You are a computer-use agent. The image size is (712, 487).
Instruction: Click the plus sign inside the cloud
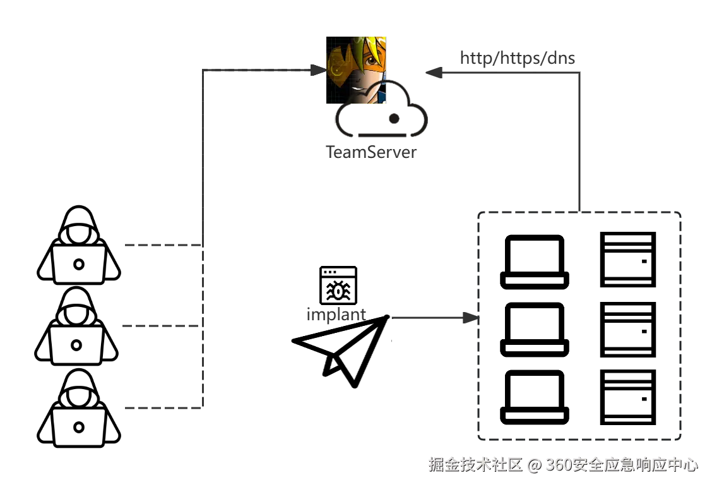395,119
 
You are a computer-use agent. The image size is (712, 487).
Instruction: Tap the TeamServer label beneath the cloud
371,152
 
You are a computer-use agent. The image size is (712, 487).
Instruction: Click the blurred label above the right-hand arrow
517,59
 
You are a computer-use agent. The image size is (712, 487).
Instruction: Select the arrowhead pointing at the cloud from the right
435,75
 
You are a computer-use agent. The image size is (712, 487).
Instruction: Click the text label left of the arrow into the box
335,314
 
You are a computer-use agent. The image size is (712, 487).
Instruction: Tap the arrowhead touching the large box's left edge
467,319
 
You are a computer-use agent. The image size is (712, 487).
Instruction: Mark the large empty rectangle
579,325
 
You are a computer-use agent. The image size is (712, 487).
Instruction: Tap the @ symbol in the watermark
533,466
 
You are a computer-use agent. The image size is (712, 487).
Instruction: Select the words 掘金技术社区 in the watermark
475,465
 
